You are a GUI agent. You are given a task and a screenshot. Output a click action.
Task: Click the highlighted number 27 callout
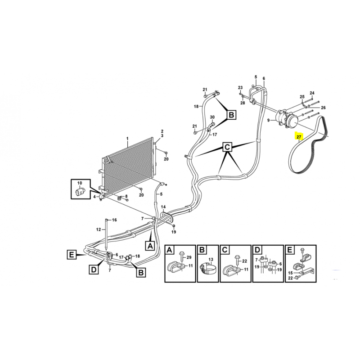[299, 137]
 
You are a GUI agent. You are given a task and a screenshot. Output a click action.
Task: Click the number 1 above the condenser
[127, 139]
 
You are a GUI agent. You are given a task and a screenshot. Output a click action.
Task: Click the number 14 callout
[163, 207]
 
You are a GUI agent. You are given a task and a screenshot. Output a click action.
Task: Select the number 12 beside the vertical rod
[99, 229]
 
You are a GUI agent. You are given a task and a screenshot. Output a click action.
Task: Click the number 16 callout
[114, 220]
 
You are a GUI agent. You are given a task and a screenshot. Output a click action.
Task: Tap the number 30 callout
[212, 117]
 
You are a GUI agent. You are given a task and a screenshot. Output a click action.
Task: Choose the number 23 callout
[240, 87]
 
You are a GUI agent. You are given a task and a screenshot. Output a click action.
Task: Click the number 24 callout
[312, 93]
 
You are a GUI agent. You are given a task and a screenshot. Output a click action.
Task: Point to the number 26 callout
[323, 108]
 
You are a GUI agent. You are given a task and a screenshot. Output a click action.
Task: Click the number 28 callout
[243, 103]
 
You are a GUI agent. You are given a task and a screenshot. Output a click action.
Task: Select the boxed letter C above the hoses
[227, 147]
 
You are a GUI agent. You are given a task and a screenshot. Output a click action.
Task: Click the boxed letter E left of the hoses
[72, 255]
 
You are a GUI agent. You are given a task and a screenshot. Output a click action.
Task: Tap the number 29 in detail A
[189, 257]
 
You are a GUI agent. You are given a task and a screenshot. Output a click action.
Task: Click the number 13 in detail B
[211, 259]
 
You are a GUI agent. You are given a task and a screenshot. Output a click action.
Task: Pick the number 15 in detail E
[290, 273]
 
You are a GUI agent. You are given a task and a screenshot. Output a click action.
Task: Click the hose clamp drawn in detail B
[208, 269]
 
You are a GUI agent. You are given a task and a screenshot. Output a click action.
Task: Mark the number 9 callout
[269, 120]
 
